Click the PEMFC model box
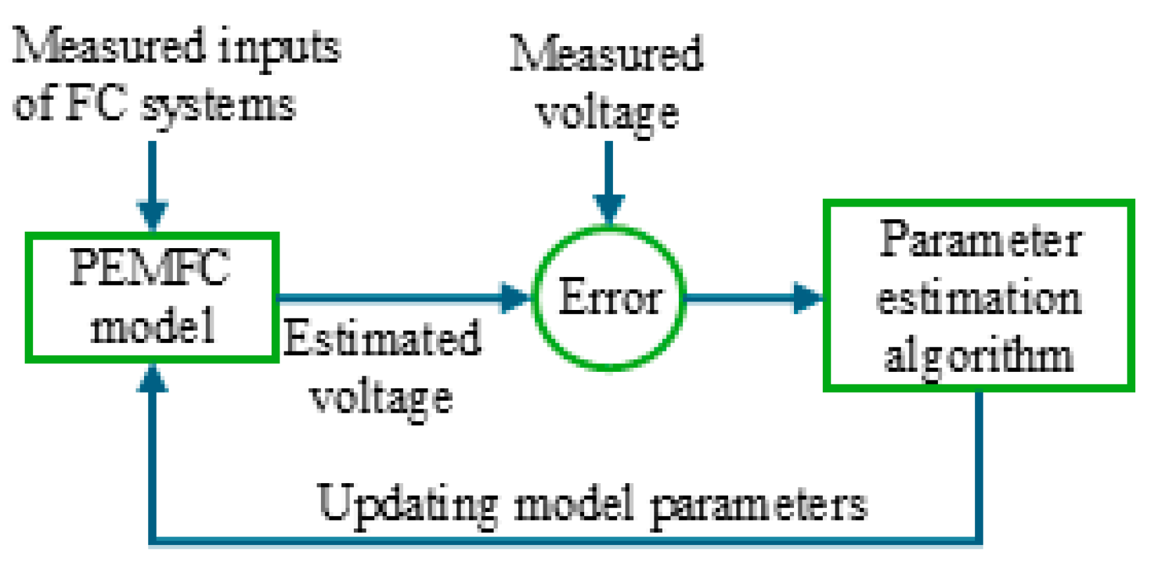tap(151, 297)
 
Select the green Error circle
tap(609, 297)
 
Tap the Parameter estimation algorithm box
tap(979, 296)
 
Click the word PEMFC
tap(150, 268)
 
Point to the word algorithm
tap(979, 356)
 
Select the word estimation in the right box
tap(979, 298)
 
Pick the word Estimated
tap(382, 340)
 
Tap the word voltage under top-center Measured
tap(608, 113)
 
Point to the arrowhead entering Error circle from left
tap(515, 297)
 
